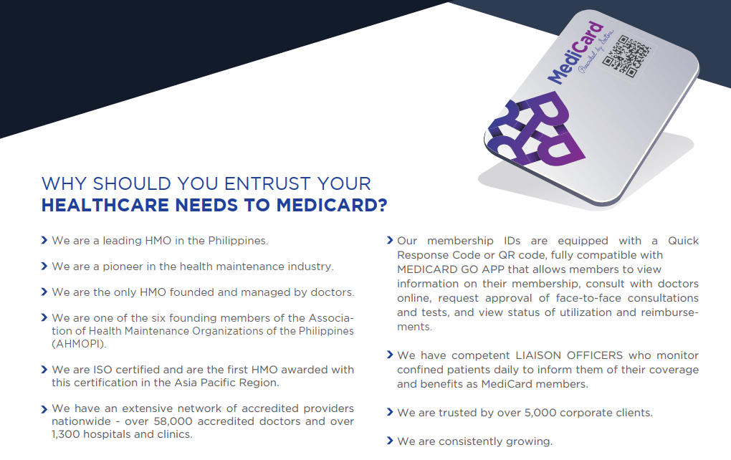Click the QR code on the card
coord(626,57)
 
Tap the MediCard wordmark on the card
coord(575,53)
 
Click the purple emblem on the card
coord(536,129)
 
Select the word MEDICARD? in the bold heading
coord(332,205)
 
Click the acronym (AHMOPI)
coord(80,344)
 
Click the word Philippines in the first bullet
coord(238,241)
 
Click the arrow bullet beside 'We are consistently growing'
coord(390,441)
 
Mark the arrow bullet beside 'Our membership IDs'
coord(390,240)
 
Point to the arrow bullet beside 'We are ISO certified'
coord(44,370)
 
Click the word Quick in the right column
coord(683,241)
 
